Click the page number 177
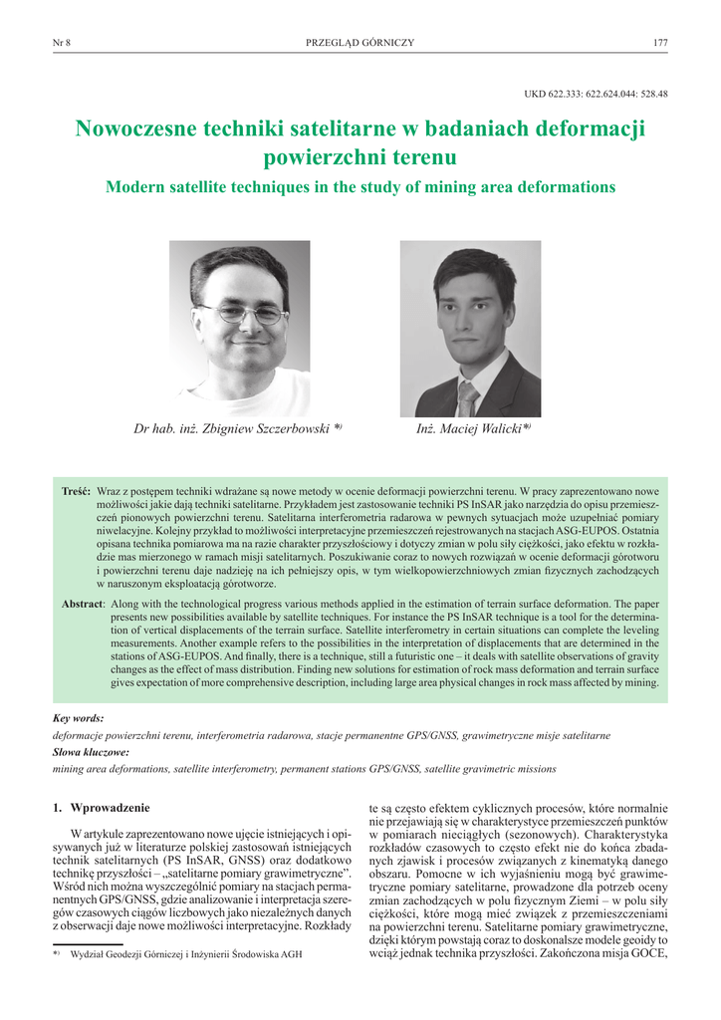coord(659,42)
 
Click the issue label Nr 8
coord(60,42)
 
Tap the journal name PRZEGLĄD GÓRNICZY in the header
coord(360,42)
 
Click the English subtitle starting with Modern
coord(360,187)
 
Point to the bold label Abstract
coord(82,604)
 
